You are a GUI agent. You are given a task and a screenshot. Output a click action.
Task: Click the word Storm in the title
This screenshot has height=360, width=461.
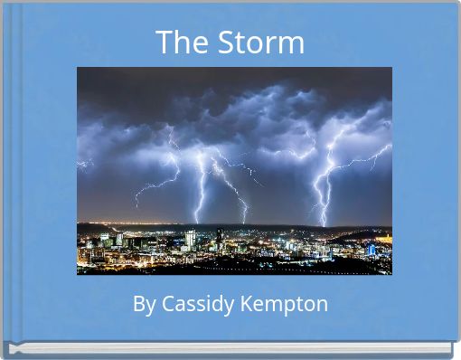[x=261, y=43]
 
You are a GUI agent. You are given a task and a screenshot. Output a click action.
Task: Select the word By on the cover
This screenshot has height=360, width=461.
[x=144, y=304]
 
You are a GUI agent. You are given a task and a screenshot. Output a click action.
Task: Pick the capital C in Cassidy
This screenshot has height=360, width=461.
[x=166, y=304]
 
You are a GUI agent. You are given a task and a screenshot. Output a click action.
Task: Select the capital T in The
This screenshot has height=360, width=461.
[x=164, y=43]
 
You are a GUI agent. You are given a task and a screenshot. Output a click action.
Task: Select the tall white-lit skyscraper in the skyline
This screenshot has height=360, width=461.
[x=190, y=239]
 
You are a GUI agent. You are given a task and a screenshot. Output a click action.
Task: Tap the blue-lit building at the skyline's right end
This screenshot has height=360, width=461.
[x=371, y=249]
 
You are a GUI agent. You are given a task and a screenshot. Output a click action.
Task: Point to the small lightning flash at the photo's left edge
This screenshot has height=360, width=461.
[x=84, y=164]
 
